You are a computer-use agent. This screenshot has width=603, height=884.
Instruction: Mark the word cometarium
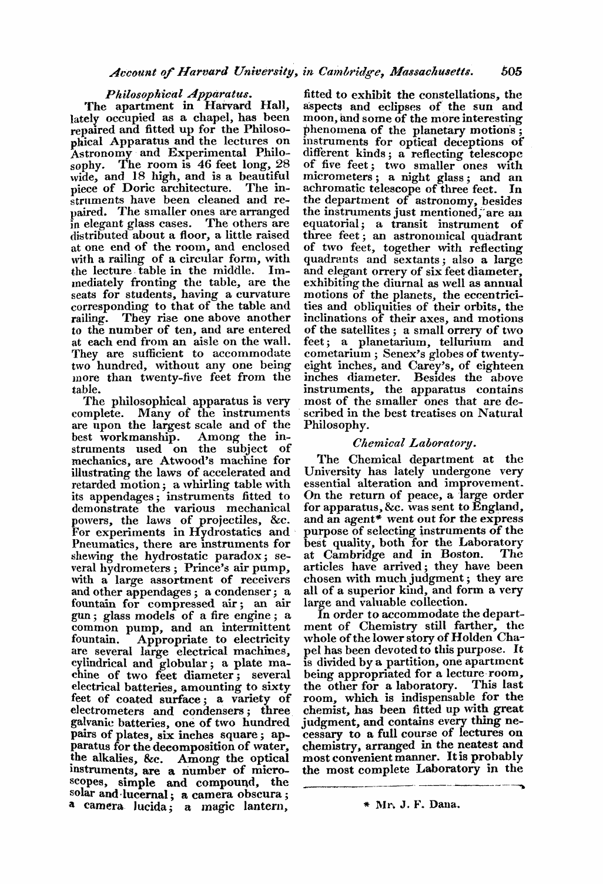(329, 354)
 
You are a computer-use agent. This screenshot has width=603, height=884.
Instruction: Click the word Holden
(467, 637)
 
